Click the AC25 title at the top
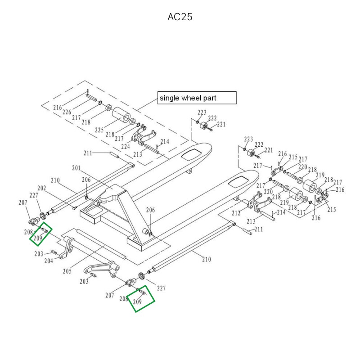pyautogui.click(x=180, y=17)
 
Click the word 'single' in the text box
pyautogui.click(x=169, y=98)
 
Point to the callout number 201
pyautogui.click(x=76, y=168)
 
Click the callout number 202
pyautogui.click(x=42, y=188)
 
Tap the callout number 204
pyautogui.click(x=49, y=261)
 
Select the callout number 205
pyautogui.click(x=67, y=271)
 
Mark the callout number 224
pyautogui.click(x=126, y=146)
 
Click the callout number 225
pyautogui.click(x=100, y=130)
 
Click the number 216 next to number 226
pyautogui.click(x=57, y=108)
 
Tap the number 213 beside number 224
pyautogui.click(x=137, y=154)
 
